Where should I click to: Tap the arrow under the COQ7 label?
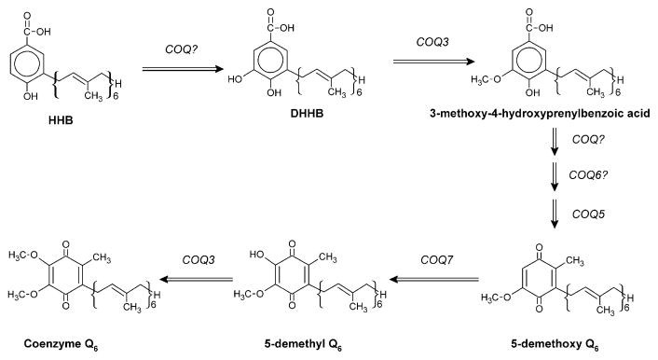pos(434,278)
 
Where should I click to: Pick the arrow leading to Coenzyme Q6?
pos(185,278)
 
